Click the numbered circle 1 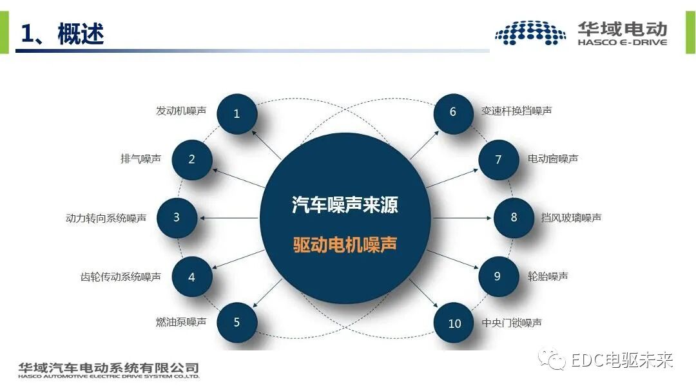pyautogui.click(x=237, y=114)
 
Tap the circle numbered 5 pyautogui.click(x=237, y=322)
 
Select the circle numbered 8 pyautogui.click(x=514, y=218)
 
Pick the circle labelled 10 pyautogui.click(x=454, y=323)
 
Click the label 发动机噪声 pyautogui.click(x=181, y=111)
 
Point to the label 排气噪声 pyautogui.click(x=140, y=158)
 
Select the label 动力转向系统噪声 pyautogui.click(x=106, y=218)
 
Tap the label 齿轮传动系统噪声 pyautogui.click(x=121, y=277)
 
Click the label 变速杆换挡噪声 pyautogui.click(x=516, y=111)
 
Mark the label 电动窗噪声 pyautogui.click(x=553, y=158)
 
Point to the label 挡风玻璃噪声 pyautogui.click(x=571, y=218)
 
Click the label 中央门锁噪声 pyautogui.click(x=512, y=323)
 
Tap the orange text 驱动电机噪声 pyautogui.click(x=345, y=245)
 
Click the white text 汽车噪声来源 pyautogui.click(x=345, y=205)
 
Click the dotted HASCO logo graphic pyautogui.click(x=530, y=33)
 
